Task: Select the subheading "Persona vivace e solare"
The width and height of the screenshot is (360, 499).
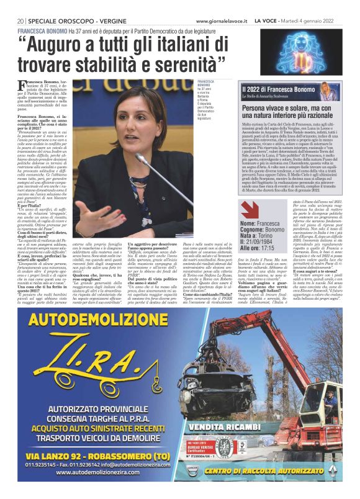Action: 273,109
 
